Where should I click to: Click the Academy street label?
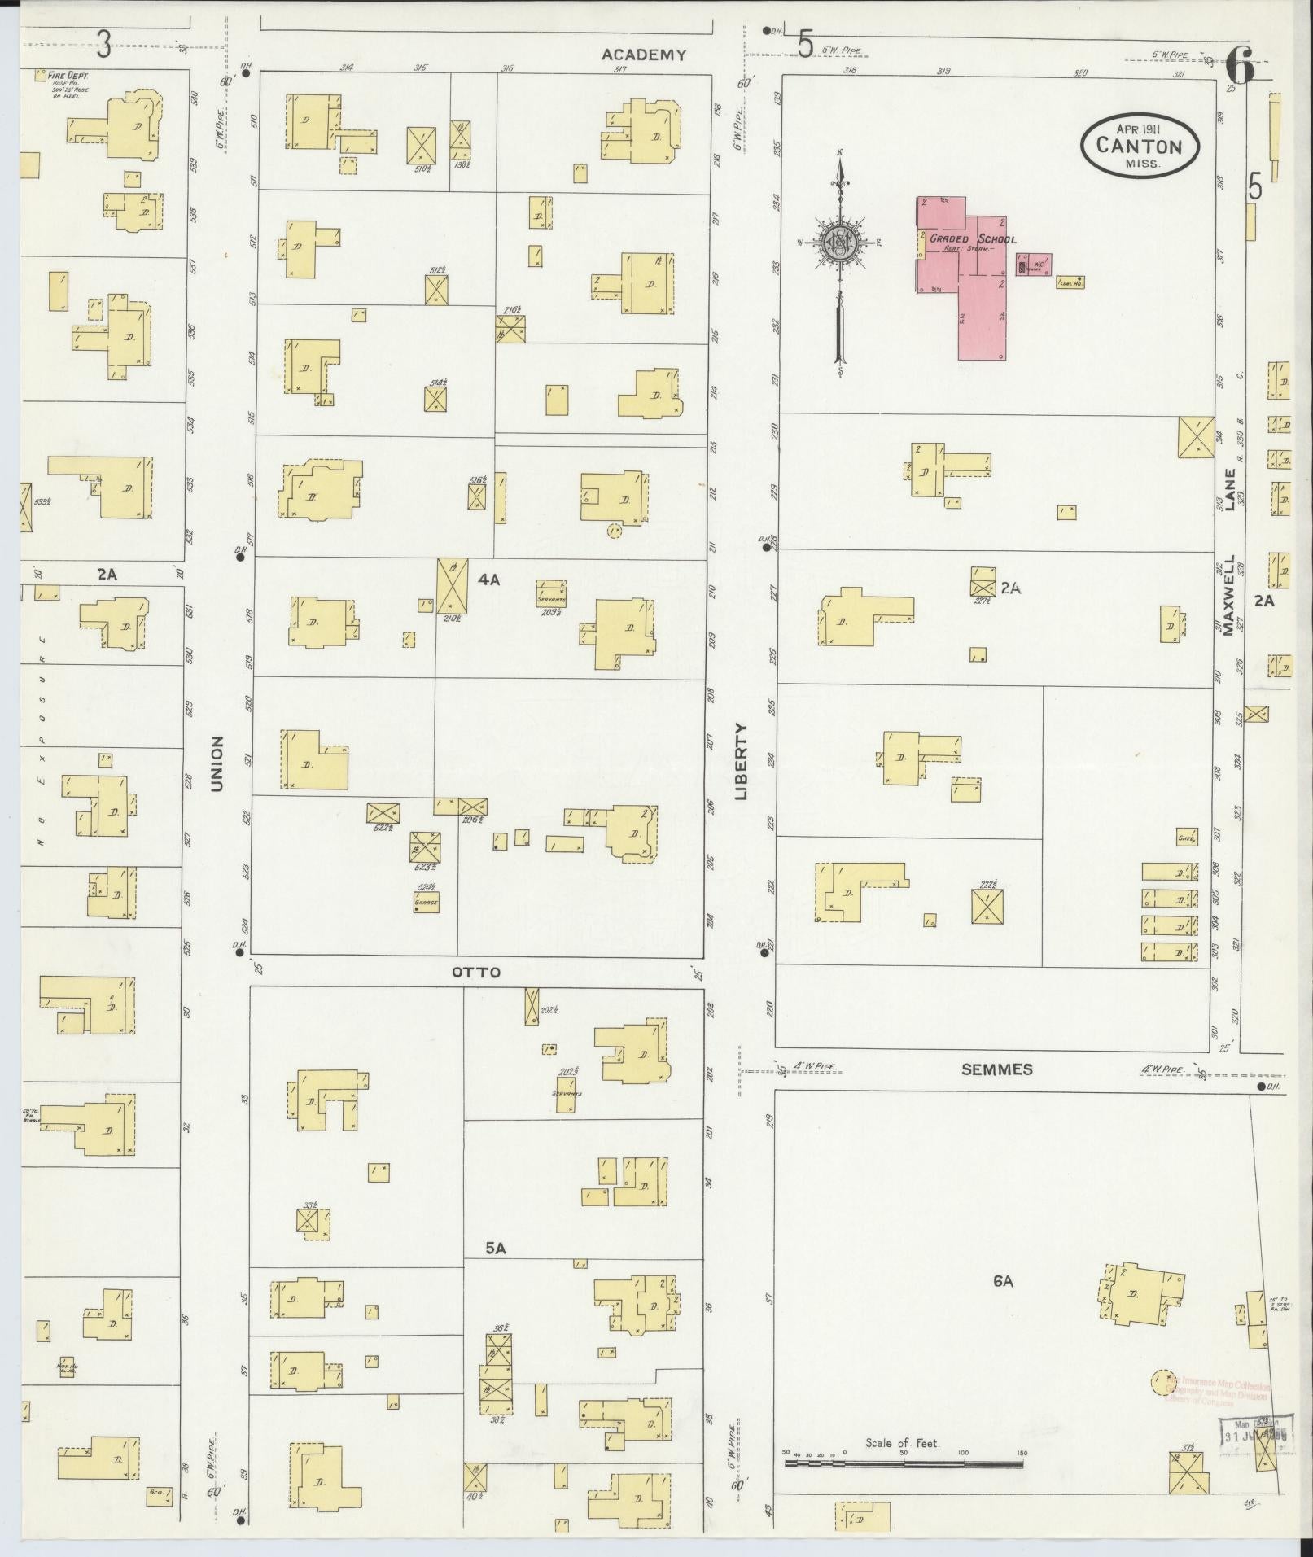(643, 55)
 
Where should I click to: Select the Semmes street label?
(996, 1069)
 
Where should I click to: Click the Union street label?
(217, 763)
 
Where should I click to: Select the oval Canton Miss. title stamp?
(1139, 145)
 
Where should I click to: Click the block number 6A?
(1003, 1280)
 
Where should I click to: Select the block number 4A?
(488, 580)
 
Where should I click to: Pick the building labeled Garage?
(426, 902)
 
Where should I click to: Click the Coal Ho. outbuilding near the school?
(1070, 282)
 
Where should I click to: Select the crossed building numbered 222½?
(987, 906)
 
